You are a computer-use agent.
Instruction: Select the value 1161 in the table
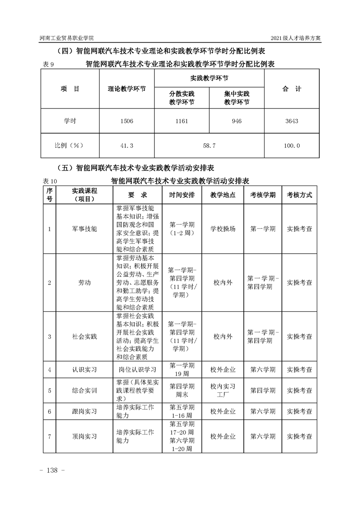(x=182, y=121)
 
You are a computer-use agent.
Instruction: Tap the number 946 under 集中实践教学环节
(x=237, y=121)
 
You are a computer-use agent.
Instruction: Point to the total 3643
(x=291, y=121)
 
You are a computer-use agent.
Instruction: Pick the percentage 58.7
(x=209, y=146)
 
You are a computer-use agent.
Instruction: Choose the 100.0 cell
(x=291, y=146)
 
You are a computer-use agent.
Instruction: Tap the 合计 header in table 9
(x=291, y=89)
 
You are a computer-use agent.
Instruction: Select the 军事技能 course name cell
(x=84, y=229)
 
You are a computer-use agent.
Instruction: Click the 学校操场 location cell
(x=223, y=229)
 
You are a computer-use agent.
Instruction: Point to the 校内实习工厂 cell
(x=223, y=390)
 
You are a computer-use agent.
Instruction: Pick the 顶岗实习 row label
(x=84, y=436)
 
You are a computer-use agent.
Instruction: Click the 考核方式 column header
(x=300, y=195)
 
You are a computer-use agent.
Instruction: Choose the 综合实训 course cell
(x=84, y=390)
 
